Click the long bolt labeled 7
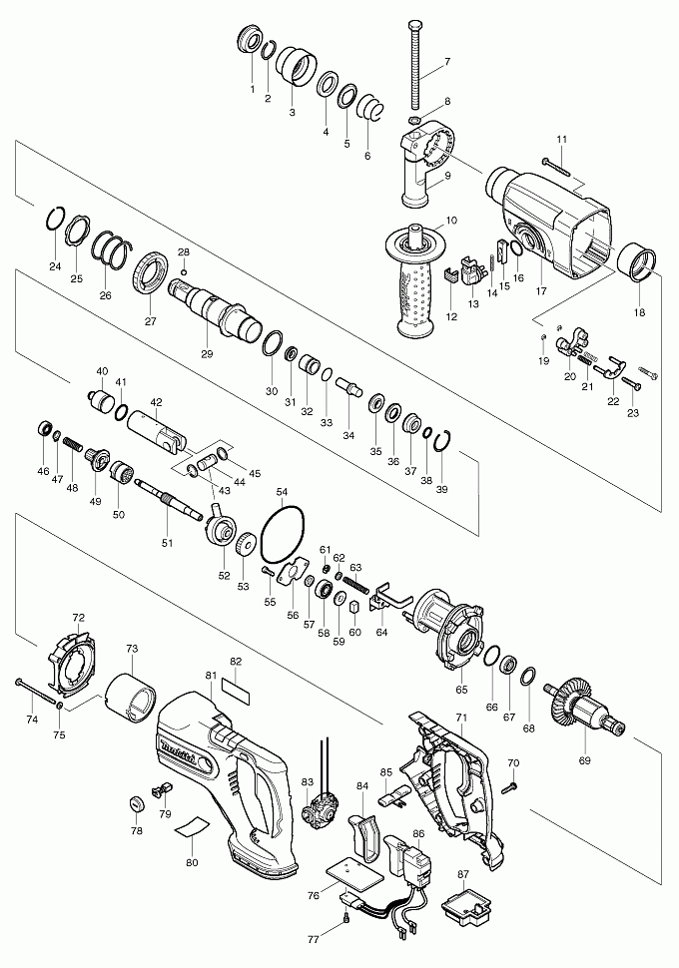[x=415, y=60]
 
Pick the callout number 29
[x=207, y=353]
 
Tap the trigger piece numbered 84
[x=362, y=832]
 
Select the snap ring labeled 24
[x=57, y=221]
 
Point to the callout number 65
[x=461, y=689]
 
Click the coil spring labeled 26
[x=111, y=255]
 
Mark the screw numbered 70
[x=508, y=786]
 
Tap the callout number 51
[x=168, y=542]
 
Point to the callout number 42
[x=155, y=402]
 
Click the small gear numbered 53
[x=243, y=545]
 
